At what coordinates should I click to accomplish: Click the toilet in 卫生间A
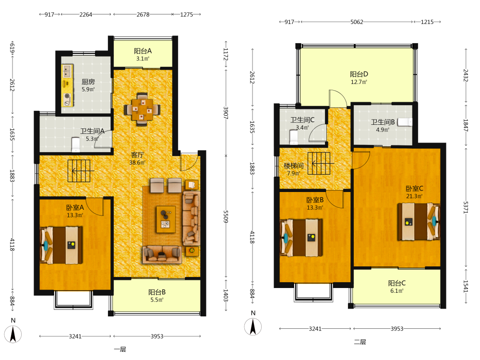tap(75, 144)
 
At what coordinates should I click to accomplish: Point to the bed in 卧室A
tap(61, 245)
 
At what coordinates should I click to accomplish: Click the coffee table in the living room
tap(166, 219)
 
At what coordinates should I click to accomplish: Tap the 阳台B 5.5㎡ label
tap(157, 296)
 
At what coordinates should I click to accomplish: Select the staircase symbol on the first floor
tap(79, 170)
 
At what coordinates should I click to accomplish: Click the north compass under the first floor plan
tap(13, 334)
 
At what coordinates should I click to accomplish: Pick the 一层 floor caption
tap(120, 349)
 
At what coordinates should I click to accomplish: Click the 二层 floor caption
tap(360, 342)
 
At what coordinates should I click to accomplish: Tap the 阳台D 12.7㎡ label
tap(359, 78)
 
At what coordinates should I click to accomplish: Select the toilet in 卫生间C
tap(293, 137)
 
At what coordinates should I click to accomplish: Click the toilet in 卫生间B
tap(405, 122)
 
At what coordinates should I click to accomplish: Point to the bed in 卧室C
tap(419, 222)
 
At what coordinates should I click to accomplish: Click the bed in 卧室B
tap(301, 237)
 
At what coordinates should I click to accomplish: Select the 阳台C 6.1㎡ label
tap(397, 287)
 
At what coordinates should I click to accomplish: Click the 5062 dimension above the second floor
tap(357, 22)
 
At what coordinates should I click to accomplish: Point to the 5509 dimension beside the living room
tap(226, 216)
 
